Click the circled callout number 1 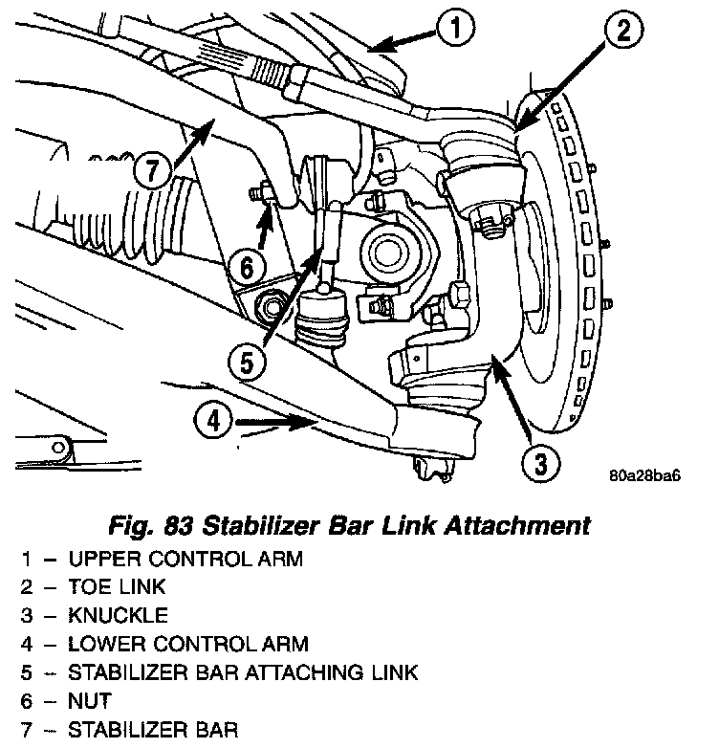pyautogui.click(x=457, y=30)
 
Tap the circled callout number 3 pyautogui.click(x=540, y=464)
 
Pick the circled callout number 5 pyautogui.click(x=245, y=363)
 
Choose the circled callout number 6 pyautogui.click(x=246, y=267)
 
